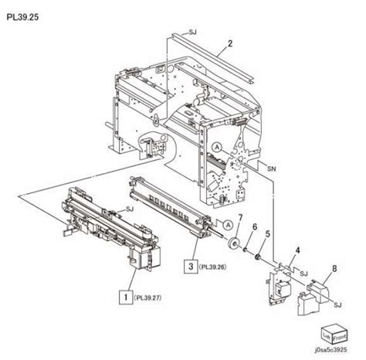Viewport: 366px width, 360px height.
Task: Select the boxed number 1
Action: [x=121, y=295]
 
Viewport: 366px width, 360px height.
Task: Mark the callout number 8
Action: [x=334, y=270]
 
